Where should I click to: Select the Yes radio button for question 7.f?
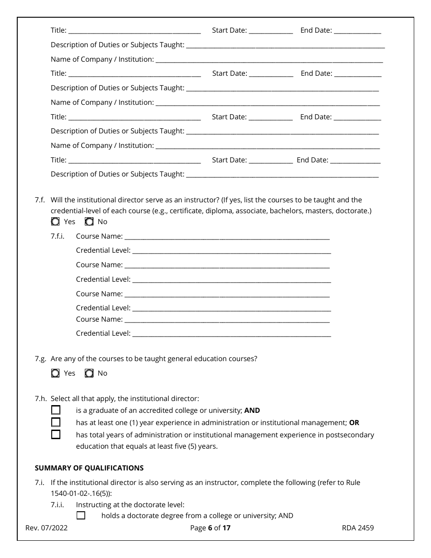coord(55,222)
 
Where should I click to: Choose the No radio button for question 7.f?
coord(89,222)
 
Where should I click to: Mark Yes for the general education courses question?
coord(55,373)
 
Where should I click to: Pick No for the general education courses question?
coord(89,373)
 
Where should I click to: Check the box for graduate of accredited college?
coord(55,410)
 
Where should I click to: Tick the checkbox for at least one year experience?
coord(55,422)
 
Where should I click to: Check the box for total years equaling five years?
coord(55,435)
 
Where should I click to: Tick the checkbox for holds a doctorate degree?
coord(81,515)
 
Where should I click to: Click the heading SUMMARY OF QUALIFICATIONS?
coord(89,468)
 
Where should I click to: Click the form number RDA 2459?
coord(358,528)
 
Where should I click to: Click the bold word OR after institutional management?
coord(354,423)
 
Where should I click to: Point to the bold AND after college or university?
coord(252,411)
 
